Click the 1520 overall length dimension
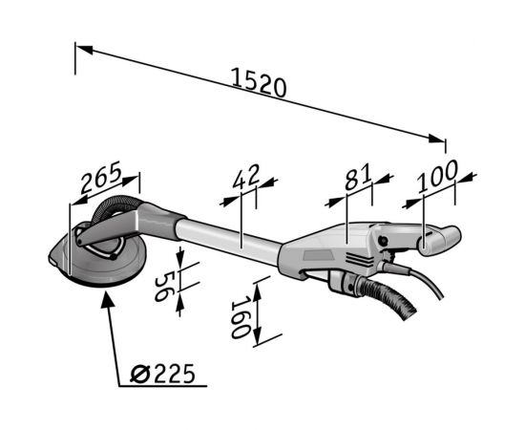(x=259, y=82)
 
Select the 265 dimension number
(x=100, y=177)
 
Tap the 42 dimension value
(x=246, y=176)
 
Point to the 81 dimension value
(x=358, y=176)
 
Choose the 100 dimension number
(x=437, y=176)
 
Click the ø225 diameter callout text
(x=162, y=374)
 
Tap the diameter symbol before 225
(x=139, y=375)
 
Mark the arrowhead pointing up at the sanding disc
(x=108, y=299)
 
